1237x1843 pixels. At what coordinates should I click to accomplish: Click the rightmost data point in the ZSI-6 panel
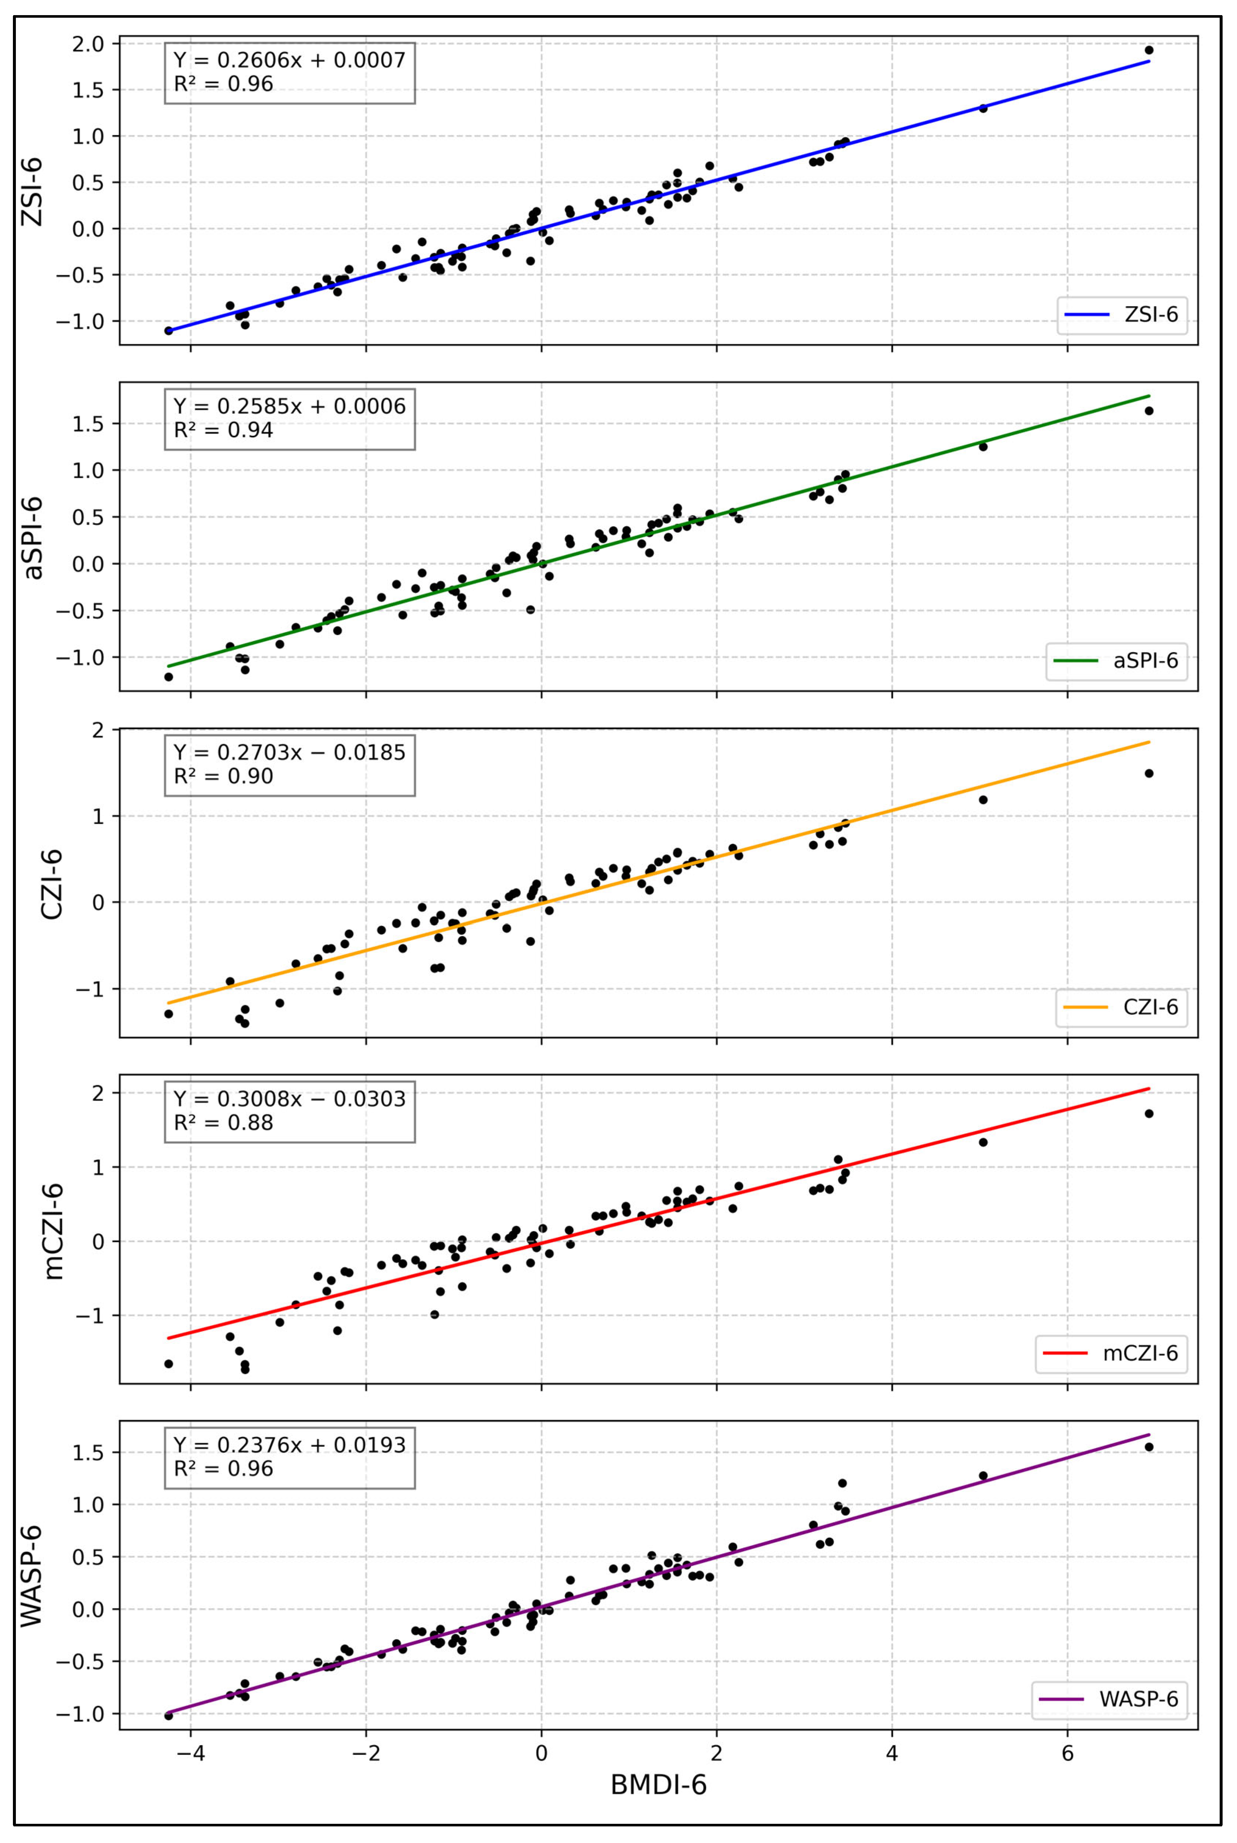coord(1149,50)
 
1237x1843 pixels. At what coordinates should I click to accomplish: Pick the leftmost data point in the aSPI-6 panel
coord(168,676)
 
